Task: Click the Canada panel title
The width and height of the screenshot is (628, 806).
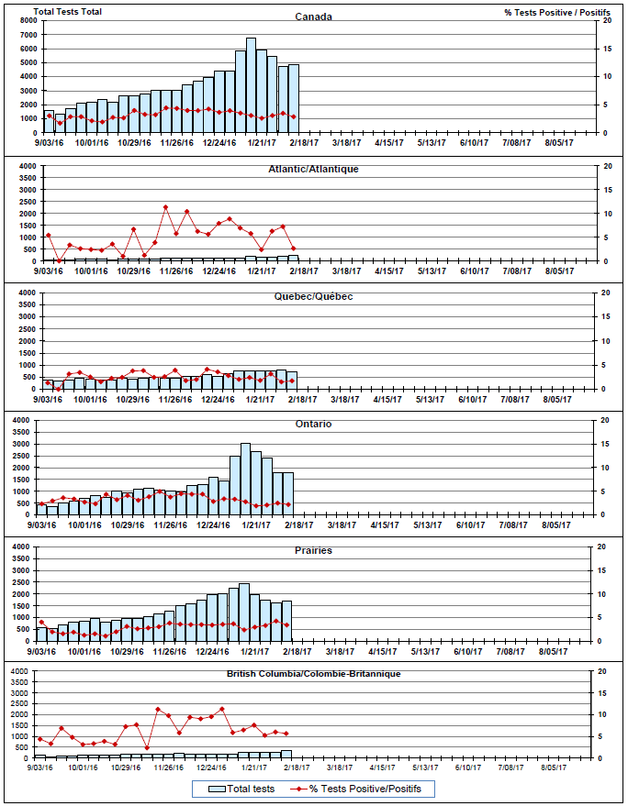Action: (x=313, y=17)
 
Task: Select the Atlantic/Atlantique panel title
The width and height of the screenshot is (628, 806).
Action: (x=313, y=169)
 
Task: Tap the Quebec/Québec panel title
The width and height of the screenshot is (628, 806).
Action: (x=313, y=296)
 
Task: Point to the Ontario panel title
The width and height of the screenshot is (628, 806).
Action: (x=313, y=424)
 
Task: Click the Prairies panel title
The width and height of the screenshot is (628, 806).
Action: (x=313, y=550)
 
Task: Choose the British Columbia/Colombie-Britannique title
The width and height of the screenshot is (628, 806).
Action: (x=313, y=674)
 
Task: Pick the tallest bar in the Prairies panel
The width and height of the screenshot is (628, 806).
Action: (x=244, y=612)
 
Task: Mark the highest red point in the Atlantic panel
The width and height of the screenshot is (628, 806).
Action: (x=165, y=207)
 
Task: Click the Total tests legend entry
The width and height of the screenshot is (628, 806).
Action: (x=242, y=789)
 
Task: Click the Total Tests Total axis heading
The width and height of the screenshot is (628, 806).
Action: (x=68, y=11)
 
